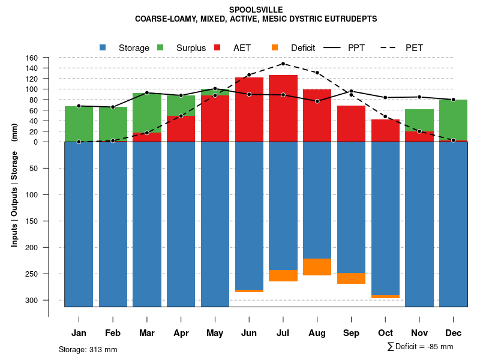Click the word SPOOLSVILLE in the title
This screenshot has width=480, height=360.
(x=256, y=10)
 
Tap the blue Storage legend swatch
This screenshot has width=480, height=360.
(x=103, y=47)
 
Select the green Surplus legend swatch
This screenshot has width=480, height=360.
(x=160, y=47)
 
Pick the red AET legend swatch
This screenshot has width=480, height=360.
(x=217, y=47)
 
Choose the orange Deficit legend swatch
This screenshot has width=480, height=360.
(x=275, y=47)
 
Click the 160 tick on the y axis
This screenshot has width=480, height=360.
(x=31, y=58)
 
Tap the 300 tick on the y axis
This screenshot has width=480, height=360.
(x=31, y=300)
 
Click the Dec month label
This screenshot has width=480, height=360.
(x=453, y=333)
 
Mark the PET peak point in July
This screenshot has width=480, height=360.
(x=283, y=64)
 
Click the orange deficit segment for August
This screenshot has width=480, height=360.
(x=317, y=267)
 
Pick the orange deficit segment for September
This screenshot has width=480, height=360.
(x=351, y=278)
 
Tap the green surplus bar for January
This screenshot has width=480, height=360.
(x=79, y=124)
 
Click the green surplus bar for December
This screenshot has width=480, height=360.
(x=453, y=120)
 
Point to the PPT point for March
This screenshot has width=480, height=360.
(x=147, y=93)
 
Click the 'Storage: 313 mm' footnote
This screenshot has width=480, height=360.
(x=88, y=349)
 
